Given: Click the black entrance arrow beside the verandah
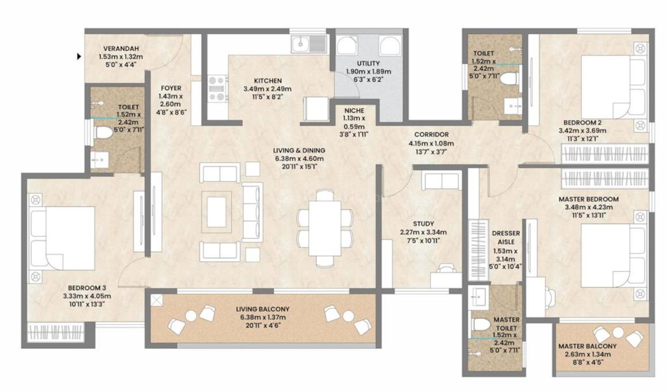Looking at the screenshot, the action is point(79,56).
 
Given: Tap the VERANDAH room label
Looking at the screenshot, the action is point(121,48).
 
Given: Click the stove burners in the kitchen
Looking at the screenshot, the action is point(217,89).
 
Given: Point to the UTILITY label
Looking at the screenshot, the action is point(369,63).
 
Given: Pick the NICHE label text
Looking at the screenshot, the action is point(354,110).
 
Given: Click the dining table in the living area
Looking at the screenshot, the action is point(324,228).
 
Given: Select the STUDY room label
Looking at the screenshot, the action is point(423,224).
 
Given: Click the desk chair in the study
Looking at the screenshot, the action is point(446,268).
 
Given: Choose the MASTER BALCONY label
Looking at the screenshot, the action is point(588,346).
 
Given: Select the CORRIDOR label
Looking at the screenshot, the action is point(431,134).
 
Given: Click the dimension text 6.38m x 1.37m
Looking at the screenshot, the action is point(263,317).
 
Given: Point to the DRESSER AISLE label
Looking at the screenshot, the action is point(506,237).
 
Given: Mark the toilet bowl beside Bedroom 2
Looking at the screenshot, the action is point(508,79).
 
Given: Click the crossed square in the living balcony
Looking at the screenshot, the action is point(157,301).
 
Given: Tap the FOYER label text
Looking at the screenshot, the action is point(171,88).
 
